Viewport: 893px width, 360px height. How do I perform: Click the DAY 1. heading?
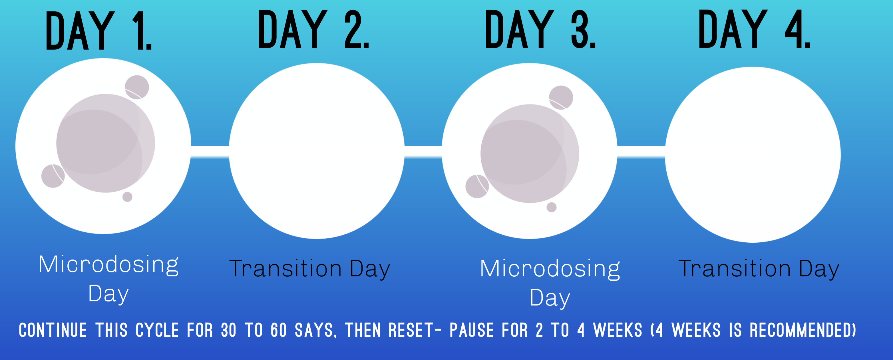[x=99, y=31]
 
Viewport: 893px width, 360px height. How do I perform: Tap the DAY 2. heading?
[x=314, y=29]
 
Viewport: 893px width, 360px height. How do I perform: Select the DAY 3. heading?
[x=540, y=29]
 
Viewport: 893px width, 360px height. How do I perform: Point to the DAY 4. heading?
[x=754, y=29]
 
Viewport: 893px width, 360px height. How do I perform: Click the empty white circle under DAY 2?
[x=317, y=151]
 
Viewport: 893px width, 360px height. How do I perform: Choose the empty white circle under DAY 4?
[x=753, y=155]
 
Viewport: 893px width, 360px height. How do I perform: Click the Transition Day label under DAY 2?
[x=309, y=268]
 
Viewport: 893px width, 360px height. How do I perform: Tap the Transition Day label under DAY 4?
[x=759, y=268]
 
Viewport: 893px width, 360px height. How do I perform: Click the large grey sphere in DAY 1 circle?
[x=105, y=143]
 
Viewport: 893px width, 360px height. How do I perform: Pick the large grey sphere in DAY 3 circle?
[x=529, y=154]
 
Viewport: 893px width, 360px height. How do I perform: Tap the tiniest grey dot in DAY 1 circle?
[x=127, y=197]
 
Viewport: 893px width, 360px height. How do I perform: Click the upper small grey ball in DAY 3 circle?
[x=561, y=97]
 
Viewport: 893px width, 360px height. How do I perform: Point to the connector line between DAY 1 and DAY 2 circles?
[x=210, y=152]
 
